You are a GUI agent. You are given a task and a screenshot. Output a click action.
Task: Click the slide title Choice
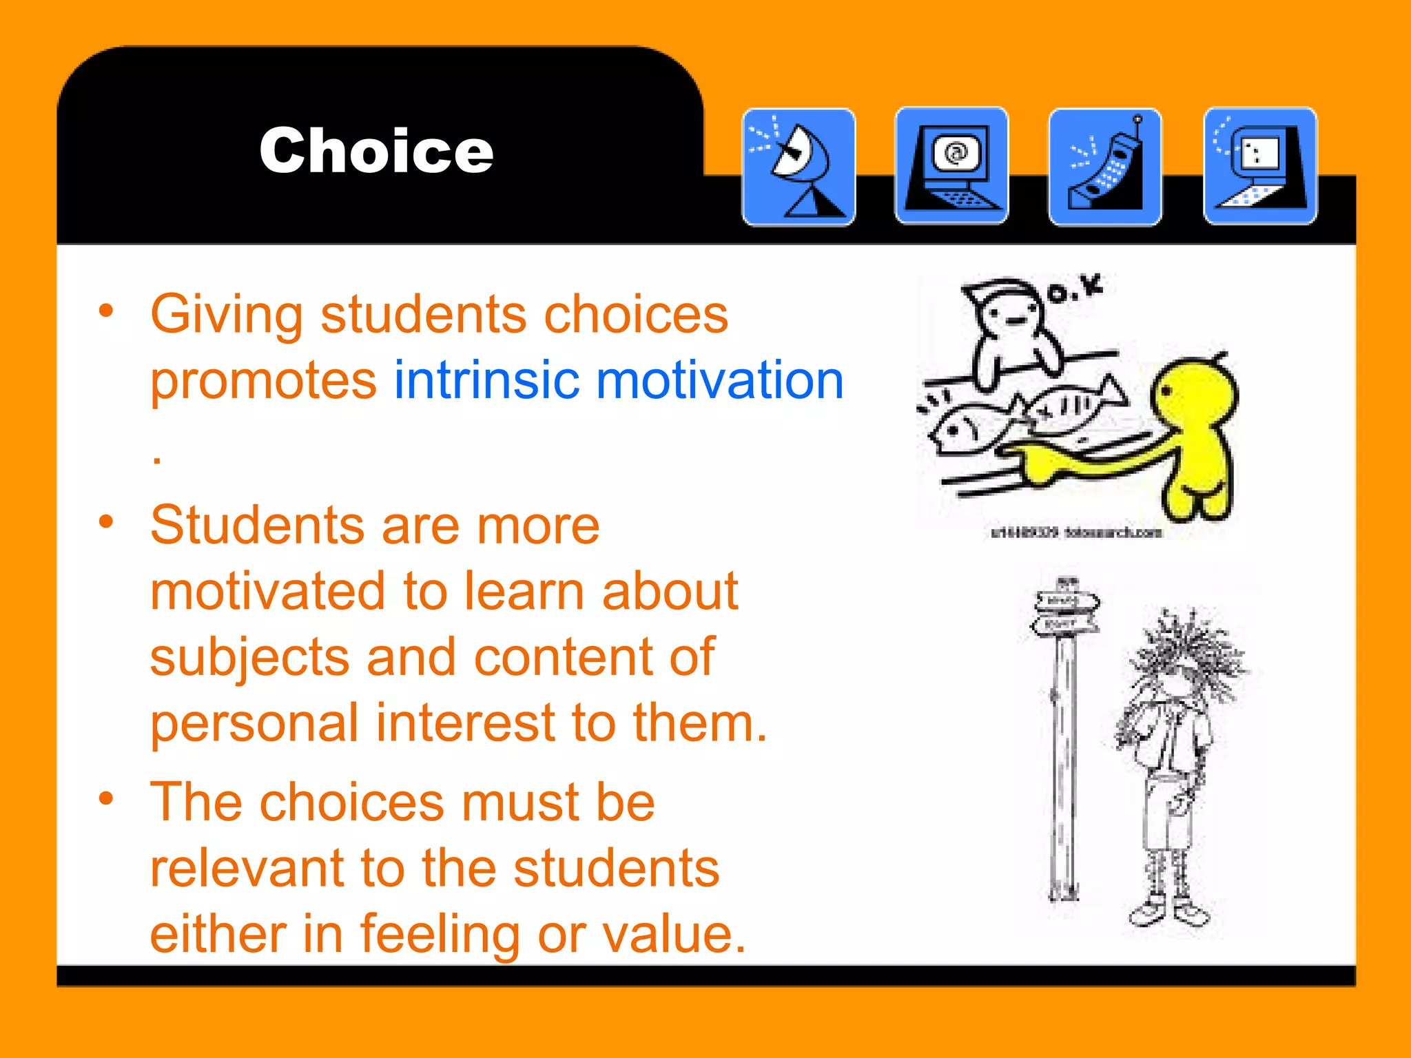(x=376, y=151)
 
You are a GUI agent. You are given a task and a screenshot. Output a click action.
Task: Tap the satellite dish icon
(x=799, y=167)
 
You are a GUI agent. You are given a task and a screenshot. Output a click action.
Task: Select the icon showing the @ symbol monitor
(x=951, y=166)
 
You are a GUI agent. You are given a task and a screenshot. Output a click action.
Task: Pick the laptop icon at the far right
(x=1260, y=166)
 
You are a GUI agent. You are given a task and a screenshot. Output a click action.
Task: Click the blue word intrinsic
(x=486, y=380)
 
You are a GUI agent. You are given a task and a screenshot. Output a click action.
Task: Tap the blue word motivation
(x=719, y=380)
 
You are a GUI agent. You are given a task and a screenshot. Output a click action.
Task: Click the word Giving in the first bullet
(x=226, y=315)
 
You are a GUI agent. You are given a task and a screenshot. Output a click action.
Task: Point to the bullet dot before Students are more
(x=105, y=521)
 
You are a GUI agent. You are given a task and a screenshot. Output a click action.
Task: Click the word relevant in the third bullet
(x=246, y=868)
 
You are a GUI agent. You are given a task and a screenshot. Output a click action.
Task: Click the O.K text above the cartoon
(x=1075, y=289)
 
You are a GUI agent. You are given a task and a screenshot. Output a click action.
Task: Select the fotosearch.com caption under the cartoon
(x=1076, y=532)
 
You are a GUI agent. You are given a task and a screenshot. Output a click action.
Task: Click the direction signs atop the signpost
(x=1066, y=612)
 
